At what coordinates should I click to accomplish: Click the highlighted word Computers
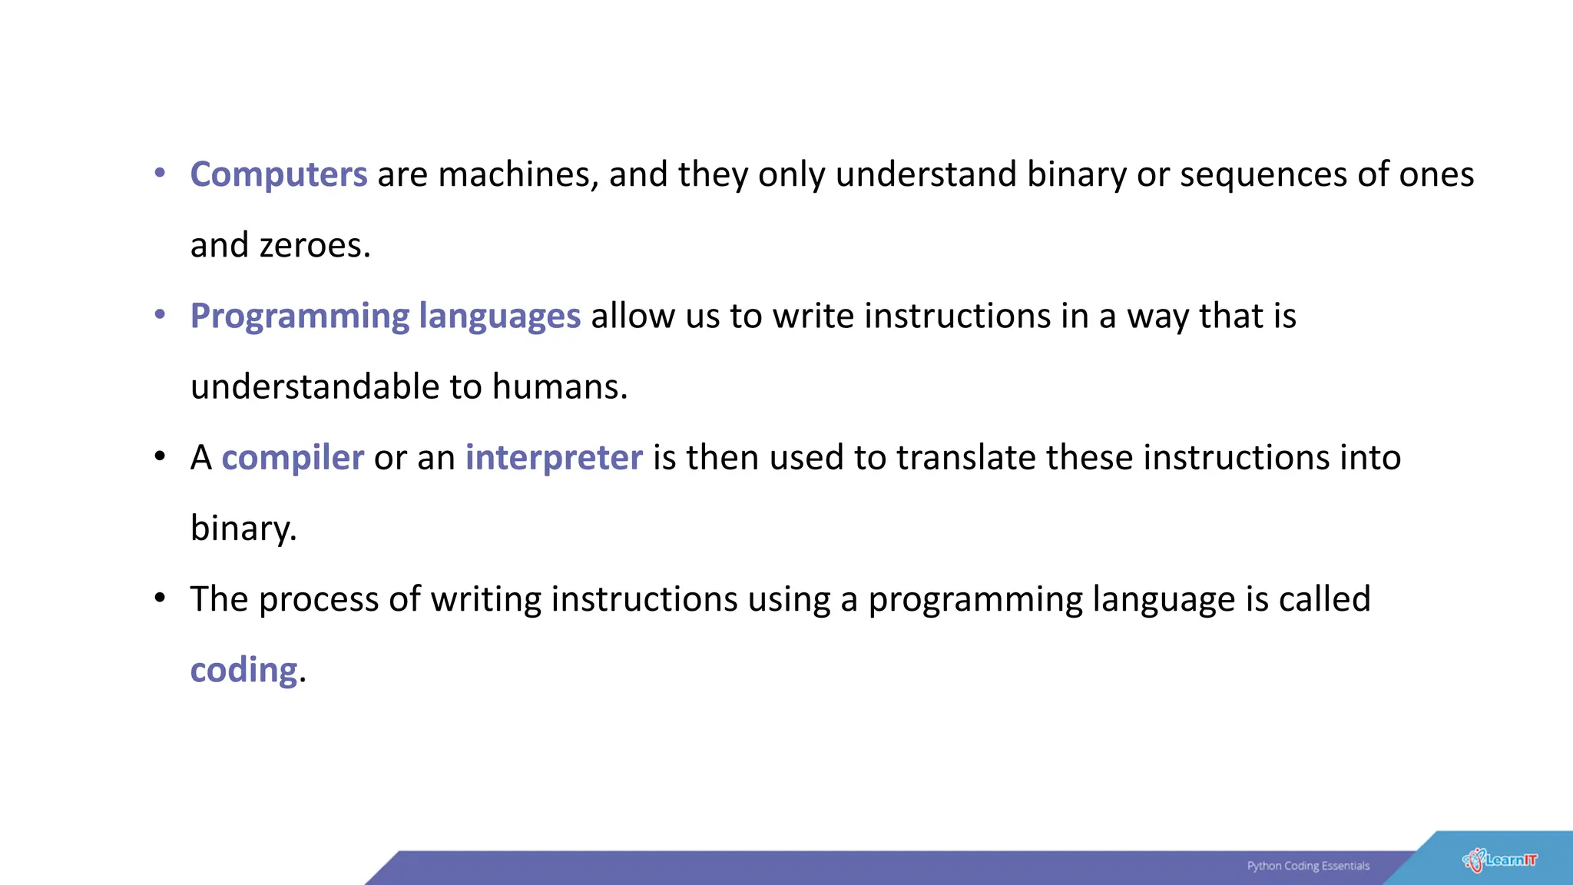[x=279, y=174]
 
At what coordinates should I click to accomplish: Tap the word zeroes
[x=315, y=246]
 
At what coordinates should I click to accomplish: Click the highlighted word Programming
[x=300, y=317]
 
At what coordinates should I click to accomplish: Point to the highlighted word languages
[x=499, y=317]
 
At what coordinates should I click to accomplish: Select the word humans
[x=559, y=386]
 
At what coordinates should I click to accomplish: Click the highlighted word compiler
[x=293, y=458]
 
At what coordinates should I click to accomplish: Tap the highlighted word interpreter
[x=554, y=458]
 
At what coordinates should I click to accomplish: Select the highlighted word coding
[x=243, y=670]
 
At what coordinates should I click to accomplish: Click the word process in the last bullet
[x=319, y=600]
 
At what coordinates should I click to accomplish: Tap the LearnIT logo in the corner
[x=1500, y=860]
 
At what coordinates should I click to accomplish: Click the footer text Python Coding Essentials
[x=1308, y=866]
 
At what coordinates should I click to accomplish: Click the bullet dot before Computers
[x=160, y=173]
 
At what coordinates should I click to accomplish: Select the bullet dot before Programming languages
[x=160, y=314]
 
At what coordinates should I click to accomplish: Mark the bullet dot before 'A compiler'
[x=160, y=456]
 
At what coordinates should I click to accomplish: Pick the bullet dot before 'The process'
[x=160, y=598]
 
